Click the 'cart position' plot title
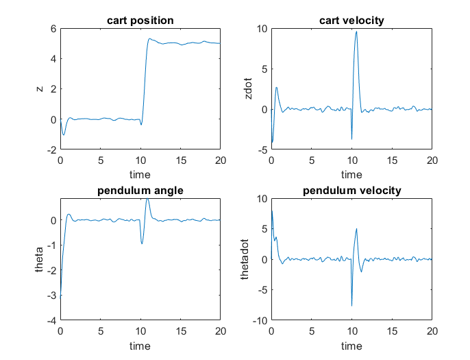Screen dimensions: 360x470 click(x=140, y=21)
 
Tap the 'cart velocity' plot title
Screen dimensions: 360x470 click(x=351, y=21)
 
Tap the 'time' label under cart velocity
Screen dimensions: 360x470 click(x=351, y=175)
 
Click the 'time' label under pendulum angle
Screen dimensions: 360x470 click(x=140, y=345)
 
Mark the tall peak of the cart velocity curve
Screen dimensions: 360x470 click(x=356, y=32)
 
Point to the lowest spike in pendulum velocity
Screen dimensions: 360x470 click(x=352, y=306)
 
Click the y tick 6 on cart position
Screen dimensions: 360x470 click(x=52, y=29)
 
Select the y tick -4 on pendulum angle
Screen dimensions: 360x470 click(x=49, y=320)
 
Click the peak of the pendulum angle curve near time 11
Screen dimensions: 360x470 click(x=147, y=199)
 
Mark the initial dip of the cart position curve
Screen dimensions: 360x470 click(x=64, y=134)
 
